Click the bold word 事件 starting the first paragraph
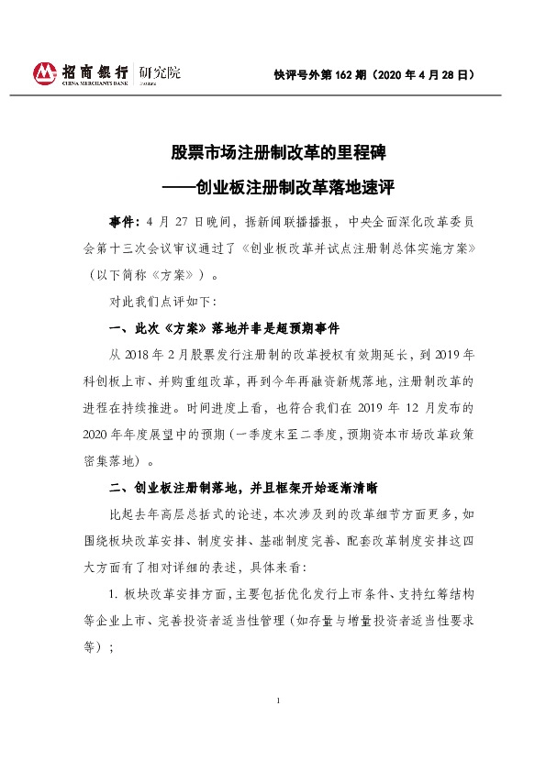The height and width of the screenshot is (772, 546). click(x=124, y=223)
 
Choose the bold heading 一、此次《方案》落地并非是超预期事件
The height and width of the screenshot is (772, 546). click(x=228, y=328)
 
